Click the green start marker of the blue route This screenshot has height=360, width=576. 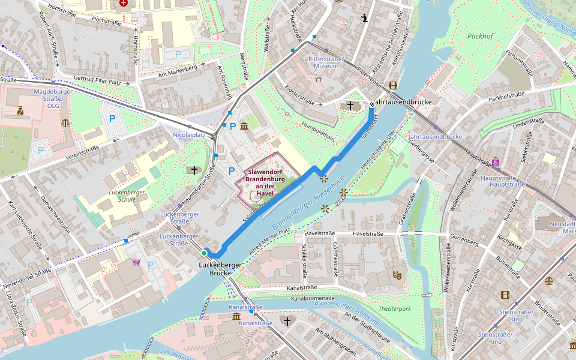click(204, 253)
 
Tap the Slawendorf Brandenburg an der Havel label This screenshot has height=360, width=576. click(265, 182)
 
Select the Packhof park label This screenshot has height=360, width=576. click(480, 36)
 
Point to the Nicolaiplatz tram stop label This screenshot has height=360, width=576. click(190, 136)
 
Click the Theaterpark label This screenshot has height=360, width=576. click(395, 308)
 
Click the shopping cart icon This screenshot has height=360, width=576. click(136, 262)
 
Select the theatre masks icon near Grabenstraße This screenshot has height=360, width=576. click(397, 275)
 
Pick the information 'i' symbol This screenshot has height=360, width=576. click(365, 17)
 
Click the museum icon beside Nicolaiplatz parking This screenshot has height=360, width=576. click(244, 125)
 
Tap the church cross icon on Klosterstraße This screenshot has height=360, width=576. click(350, 105)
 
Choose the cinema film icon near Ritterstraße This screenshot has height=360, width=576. click(392, 85)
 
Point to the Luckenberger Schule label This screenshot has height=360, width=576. click(127, 196)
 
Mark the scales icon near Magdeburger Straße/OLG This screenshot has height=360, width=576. click(65, 122)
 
